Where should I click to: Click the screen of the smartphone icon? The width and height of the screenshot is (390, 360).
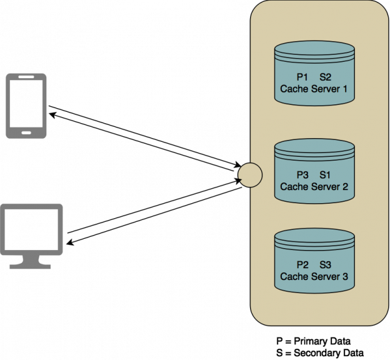coord(26,104)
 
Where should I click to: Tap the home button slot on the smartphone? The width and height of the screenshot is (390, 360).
coord(26,132)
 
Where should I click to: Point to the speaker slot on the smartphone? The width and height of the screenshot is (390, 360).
coord(26,78)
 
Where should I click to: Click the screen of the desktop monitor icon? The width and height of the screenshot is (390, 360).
coord(34,227)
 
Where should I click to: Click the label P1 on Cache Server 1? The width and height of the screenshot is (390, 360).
coord(302,77)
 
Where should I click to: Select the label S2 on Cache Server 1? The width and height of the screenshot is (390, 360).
coord(325,77)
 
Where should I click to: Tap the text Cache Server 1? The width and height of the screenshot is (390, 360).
coord(314,89)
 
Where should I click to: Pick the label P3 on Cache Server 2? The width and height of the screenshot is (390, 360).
coord(302,175)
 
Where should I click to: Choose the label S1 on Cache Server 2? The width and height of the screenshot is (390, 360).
coord(325,175)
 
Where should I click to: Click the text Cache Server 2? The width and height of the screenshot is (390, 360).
coord(314,186)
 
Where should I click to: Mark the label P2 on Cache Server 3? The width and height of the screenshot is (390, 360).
coord(302,264)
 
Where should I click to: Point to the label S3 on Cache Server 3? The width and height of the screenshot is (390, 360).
coord(325,264)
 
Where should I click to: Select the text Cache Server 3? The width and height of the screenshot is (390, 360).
coord(314,276)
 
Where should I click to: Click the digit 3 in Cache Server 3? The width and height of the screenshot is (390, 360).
coord(344,276)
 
